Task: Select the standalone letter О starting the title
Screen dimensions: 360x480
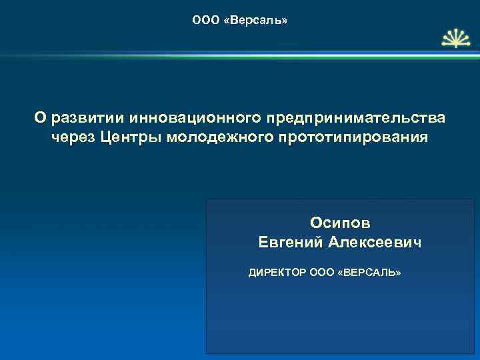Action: point(39,118)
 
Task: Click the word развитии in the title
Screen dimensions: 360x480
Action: point(84,118)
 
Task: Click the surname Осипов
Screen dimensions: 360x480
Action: point(341,221)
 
